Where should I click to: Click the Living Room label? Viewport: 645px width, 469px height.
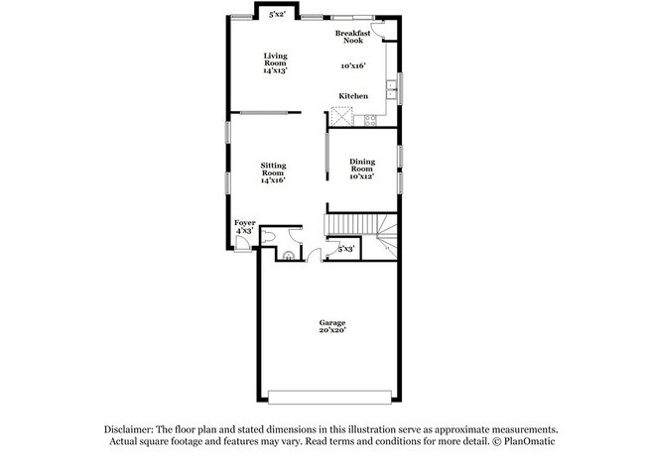tap(275, 60)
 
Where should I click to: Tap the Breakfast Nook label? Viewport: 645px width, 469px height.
tap(352, 37)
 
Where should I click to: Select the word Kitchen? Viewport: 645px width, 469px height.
tap(353, 96)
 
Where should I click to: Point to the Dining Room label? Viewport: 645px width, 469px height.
tap(361, 166)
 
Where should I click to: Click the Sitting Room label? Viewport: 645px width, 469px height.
tap(273, 169)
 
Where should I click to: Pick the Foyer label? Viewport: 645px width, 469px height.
tap(244, 223)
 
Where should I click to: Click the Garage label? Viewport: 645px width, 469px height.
tap(331, 322)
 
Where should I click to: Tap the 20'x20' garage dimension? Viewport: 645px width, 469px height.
tap(331, 331)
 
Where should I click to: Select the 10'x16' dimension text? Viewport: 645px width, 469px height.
tap(352, 65)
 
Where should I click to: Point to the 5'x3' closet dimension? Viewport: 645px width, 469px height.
tap(345, 248)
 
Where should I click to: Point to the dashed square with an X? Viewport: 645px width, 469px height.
tap(341, 116)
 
